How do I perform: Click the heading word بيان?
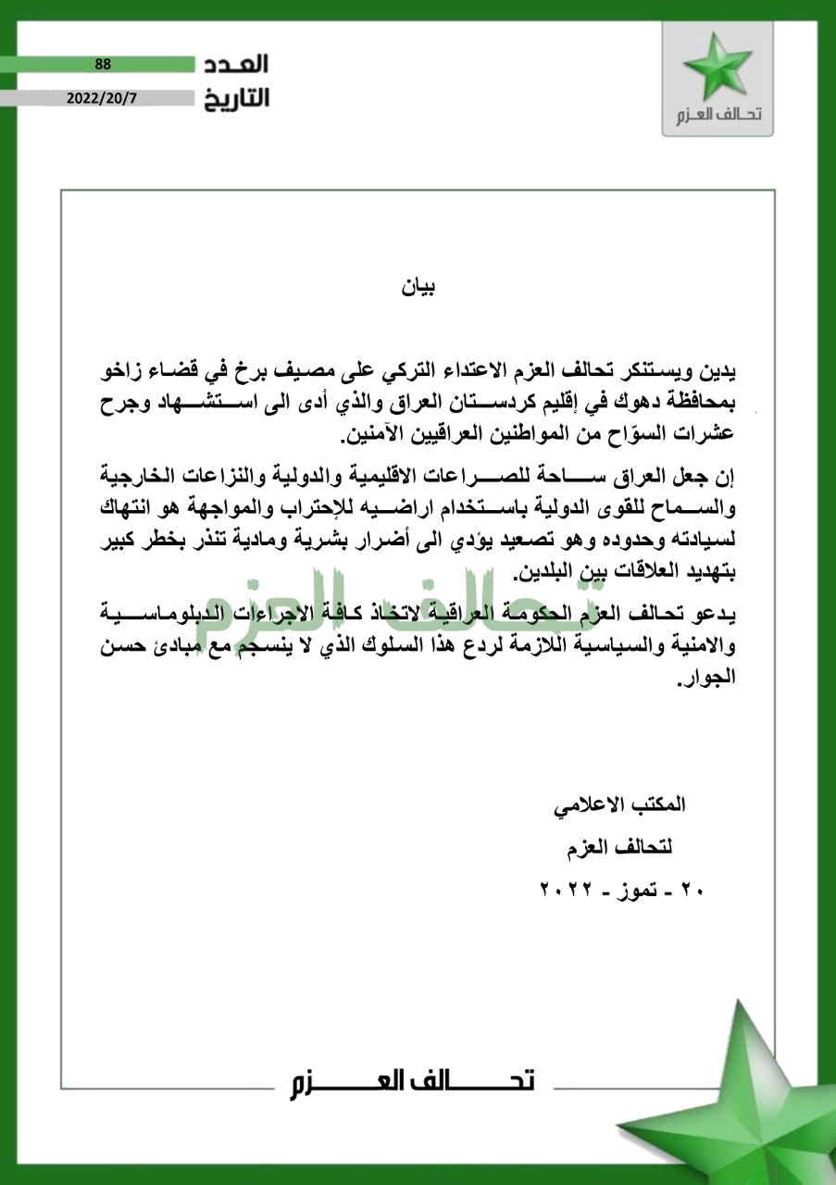[x=418, y=287]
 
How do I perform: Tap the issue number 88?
[x=103, y=64]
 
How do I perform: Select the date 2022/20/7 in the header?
[x=102, y=97]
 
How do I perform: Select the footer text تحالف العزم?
[x=410, y=1081]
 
